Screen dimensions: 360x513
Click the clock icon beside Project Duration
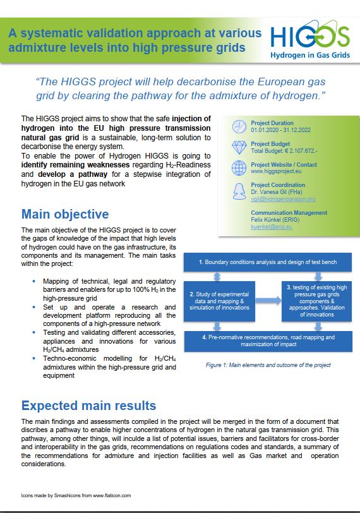click(239, 126)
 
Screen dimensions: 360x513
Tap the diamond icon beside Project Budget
click(239, 147)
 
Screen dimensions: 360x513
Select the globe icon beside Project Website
click(239, 167)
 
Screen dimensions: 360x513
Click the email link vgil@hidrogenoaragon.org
click(283, 199)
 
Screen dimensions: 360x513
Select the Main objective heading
click(65, 214)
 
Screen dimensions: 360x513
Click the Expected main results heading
click(88, 405)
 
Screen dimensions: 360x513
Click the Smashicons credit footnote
click(71, 497)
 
